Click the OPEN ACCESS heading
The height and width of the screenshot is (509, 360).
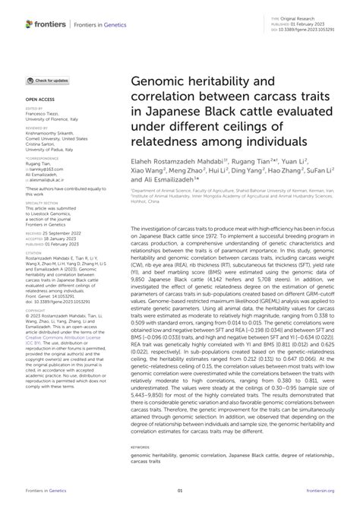pyautogui.click(x=38, y=99)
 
